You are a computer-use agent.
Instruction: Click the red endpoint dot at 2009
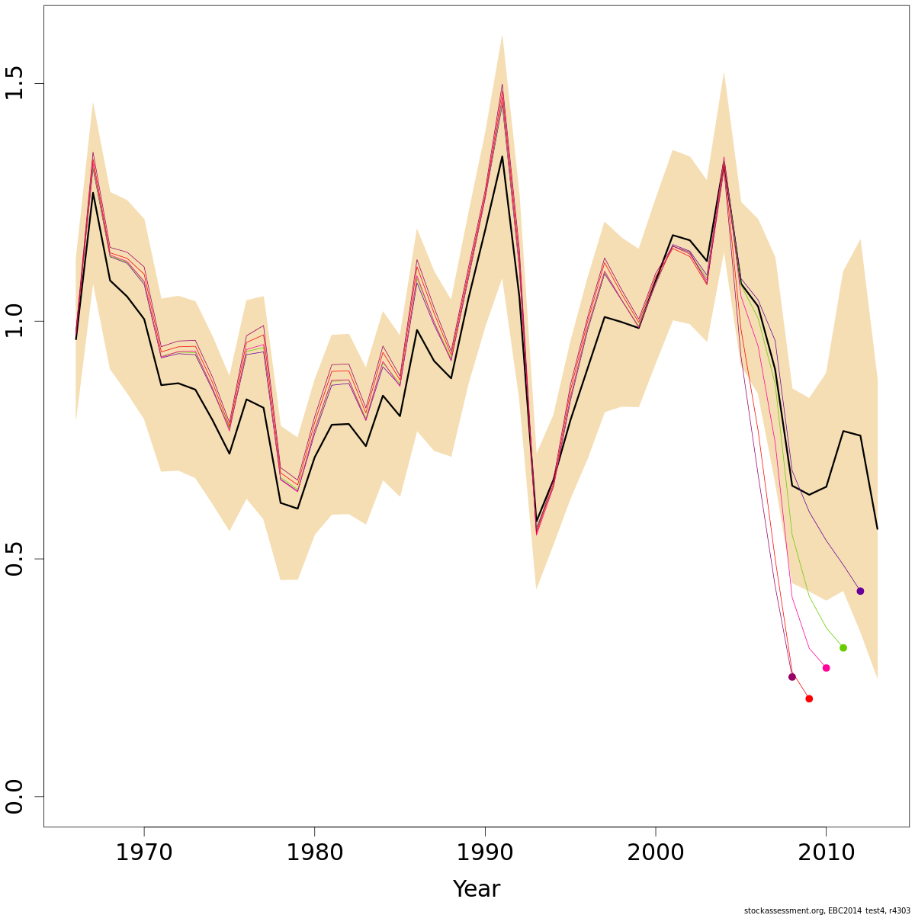809,698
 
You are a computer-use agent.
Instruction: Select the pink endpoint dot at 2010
826,668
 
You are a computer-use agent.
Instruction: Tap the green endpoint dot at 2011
843,647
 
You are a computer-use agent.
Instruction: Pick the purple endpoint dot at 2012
860,591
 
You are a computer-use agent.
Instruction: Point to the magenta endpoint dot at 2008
791,677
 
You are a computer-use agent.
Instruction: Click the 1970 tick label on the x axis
144,852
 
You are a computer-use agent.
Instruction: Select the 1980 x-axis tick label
314,852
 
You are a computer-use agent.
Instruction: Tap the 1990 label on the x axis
485,852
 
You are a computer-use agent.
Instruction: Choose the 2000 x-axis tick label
655,852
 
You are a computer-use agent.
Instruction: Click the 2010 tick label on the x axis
826,852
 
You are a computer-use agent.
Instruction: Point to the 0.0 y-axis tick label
15,797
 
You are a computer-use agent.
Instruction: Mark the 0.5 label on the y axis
15,559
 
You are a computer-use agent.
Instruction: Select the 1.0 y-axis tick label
15,321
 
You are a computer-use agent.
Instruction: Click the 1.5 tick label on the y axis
15,83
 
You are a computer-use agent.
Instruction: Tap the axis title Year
477,889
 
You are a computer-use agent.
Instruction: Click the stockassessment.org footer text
827,910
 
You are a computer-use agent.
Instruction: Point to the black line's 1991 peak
502,156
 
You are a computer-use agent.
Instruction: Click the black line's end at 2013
877,528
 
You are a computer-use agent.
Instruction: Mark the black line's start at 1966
76,339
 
